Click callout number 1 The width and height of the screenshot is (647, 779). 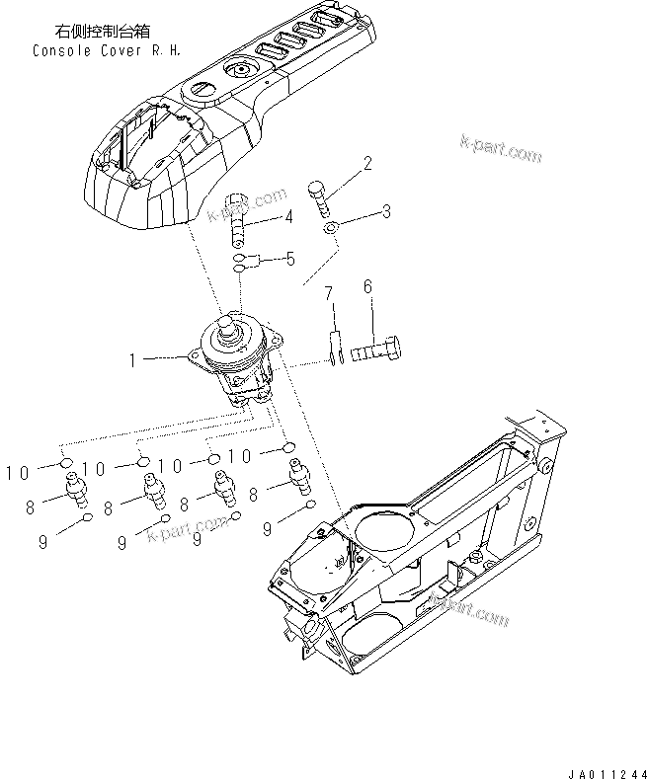pyautogui.click(x=132, y=361)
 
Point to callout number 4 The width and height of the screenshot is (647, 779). pyautogui.click(x=288, y=217)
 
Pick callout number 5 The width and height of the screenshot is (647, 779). pyautogui.click(x=289, y=259)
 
